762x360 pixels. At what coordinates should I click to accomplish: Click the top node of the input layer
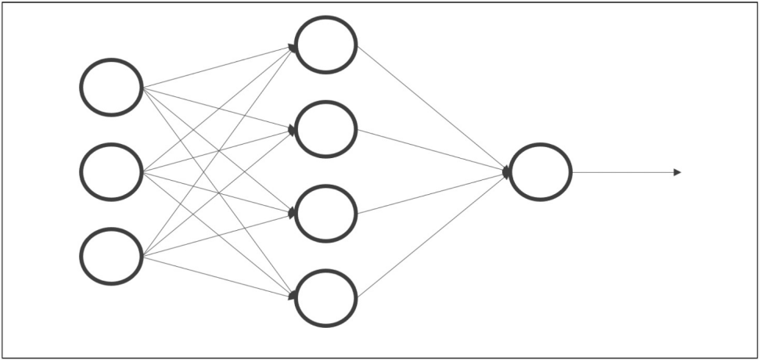(111, 87)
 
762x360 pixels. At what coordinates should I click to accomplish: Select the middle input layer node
(111, 171)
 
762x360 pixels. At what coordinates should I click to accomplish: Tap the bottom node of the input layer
(111, 256)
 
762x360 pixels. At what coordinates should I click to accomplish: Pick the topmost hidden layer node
(326, 45)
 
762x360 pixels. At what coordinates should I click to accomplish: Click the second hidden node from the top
(326, 129)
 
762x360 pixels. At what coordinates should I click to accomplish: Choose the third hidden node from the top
(326, 214)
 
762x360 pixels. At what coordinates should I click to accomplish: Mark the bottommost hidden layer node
(326, 298)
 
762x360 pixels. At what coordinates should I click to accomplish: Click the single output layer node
(541, 172)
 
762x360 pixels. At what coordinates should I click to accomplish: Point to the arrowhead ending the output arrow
(678, 172)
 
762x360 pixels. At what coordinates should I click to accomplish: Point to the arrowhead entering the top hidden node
(292, 48)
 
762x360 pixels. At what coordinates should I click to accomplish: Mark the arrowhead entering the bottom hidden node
(292, 296)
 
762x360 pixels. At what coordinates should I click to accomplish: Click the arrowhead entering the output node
(507, 171)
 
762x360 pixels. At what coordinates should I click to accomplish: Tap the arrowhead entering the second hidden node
(292, 130)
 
